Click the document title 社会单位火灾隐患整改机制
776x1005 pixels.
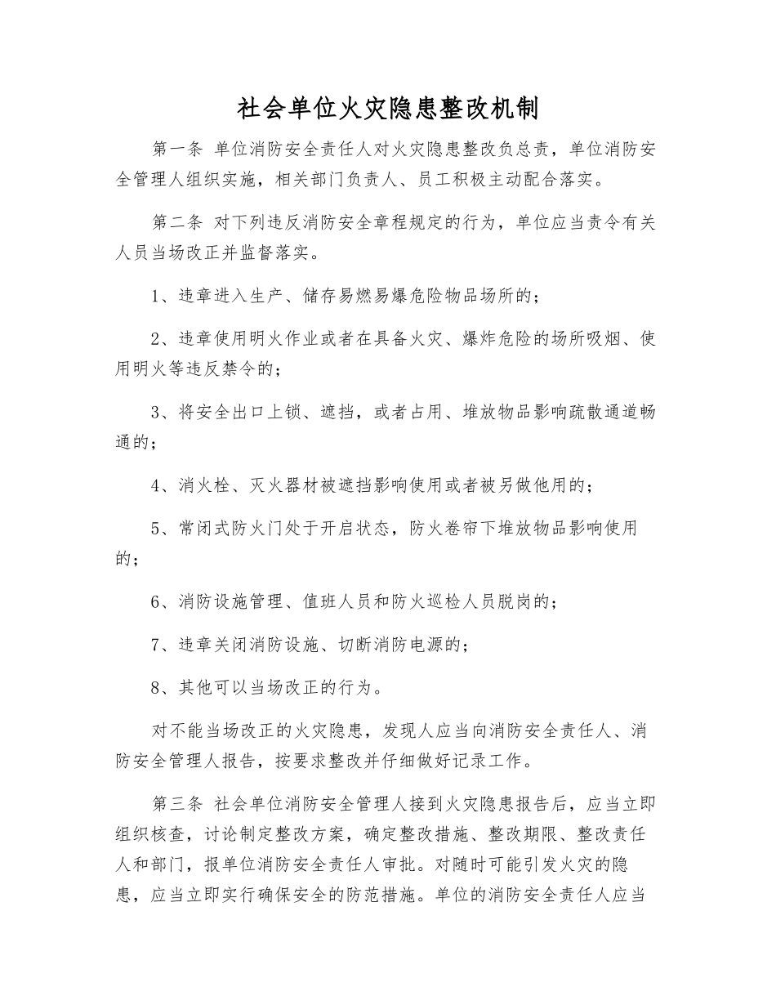387,109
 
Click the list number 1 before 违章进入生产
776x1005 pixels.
156,297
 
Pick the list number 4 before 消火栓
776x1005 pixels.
156,485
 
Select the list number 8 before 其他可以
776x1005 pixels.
156,687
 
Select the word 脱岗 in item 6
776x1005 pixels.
511,602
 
